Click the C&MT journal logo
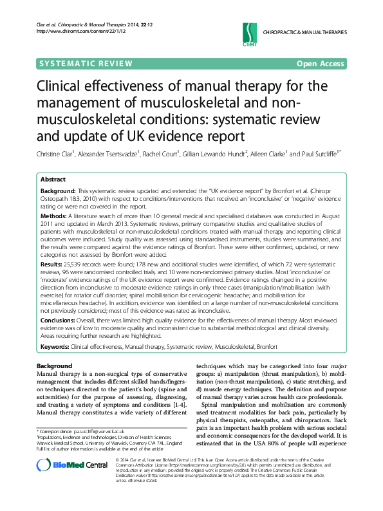click(x=248, y=32)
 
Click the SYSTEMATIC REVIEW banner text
click(x=86, y=63)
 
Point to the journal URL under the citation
click(x=69, y=31)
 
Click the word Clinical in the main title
click(x=66, y=86)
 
